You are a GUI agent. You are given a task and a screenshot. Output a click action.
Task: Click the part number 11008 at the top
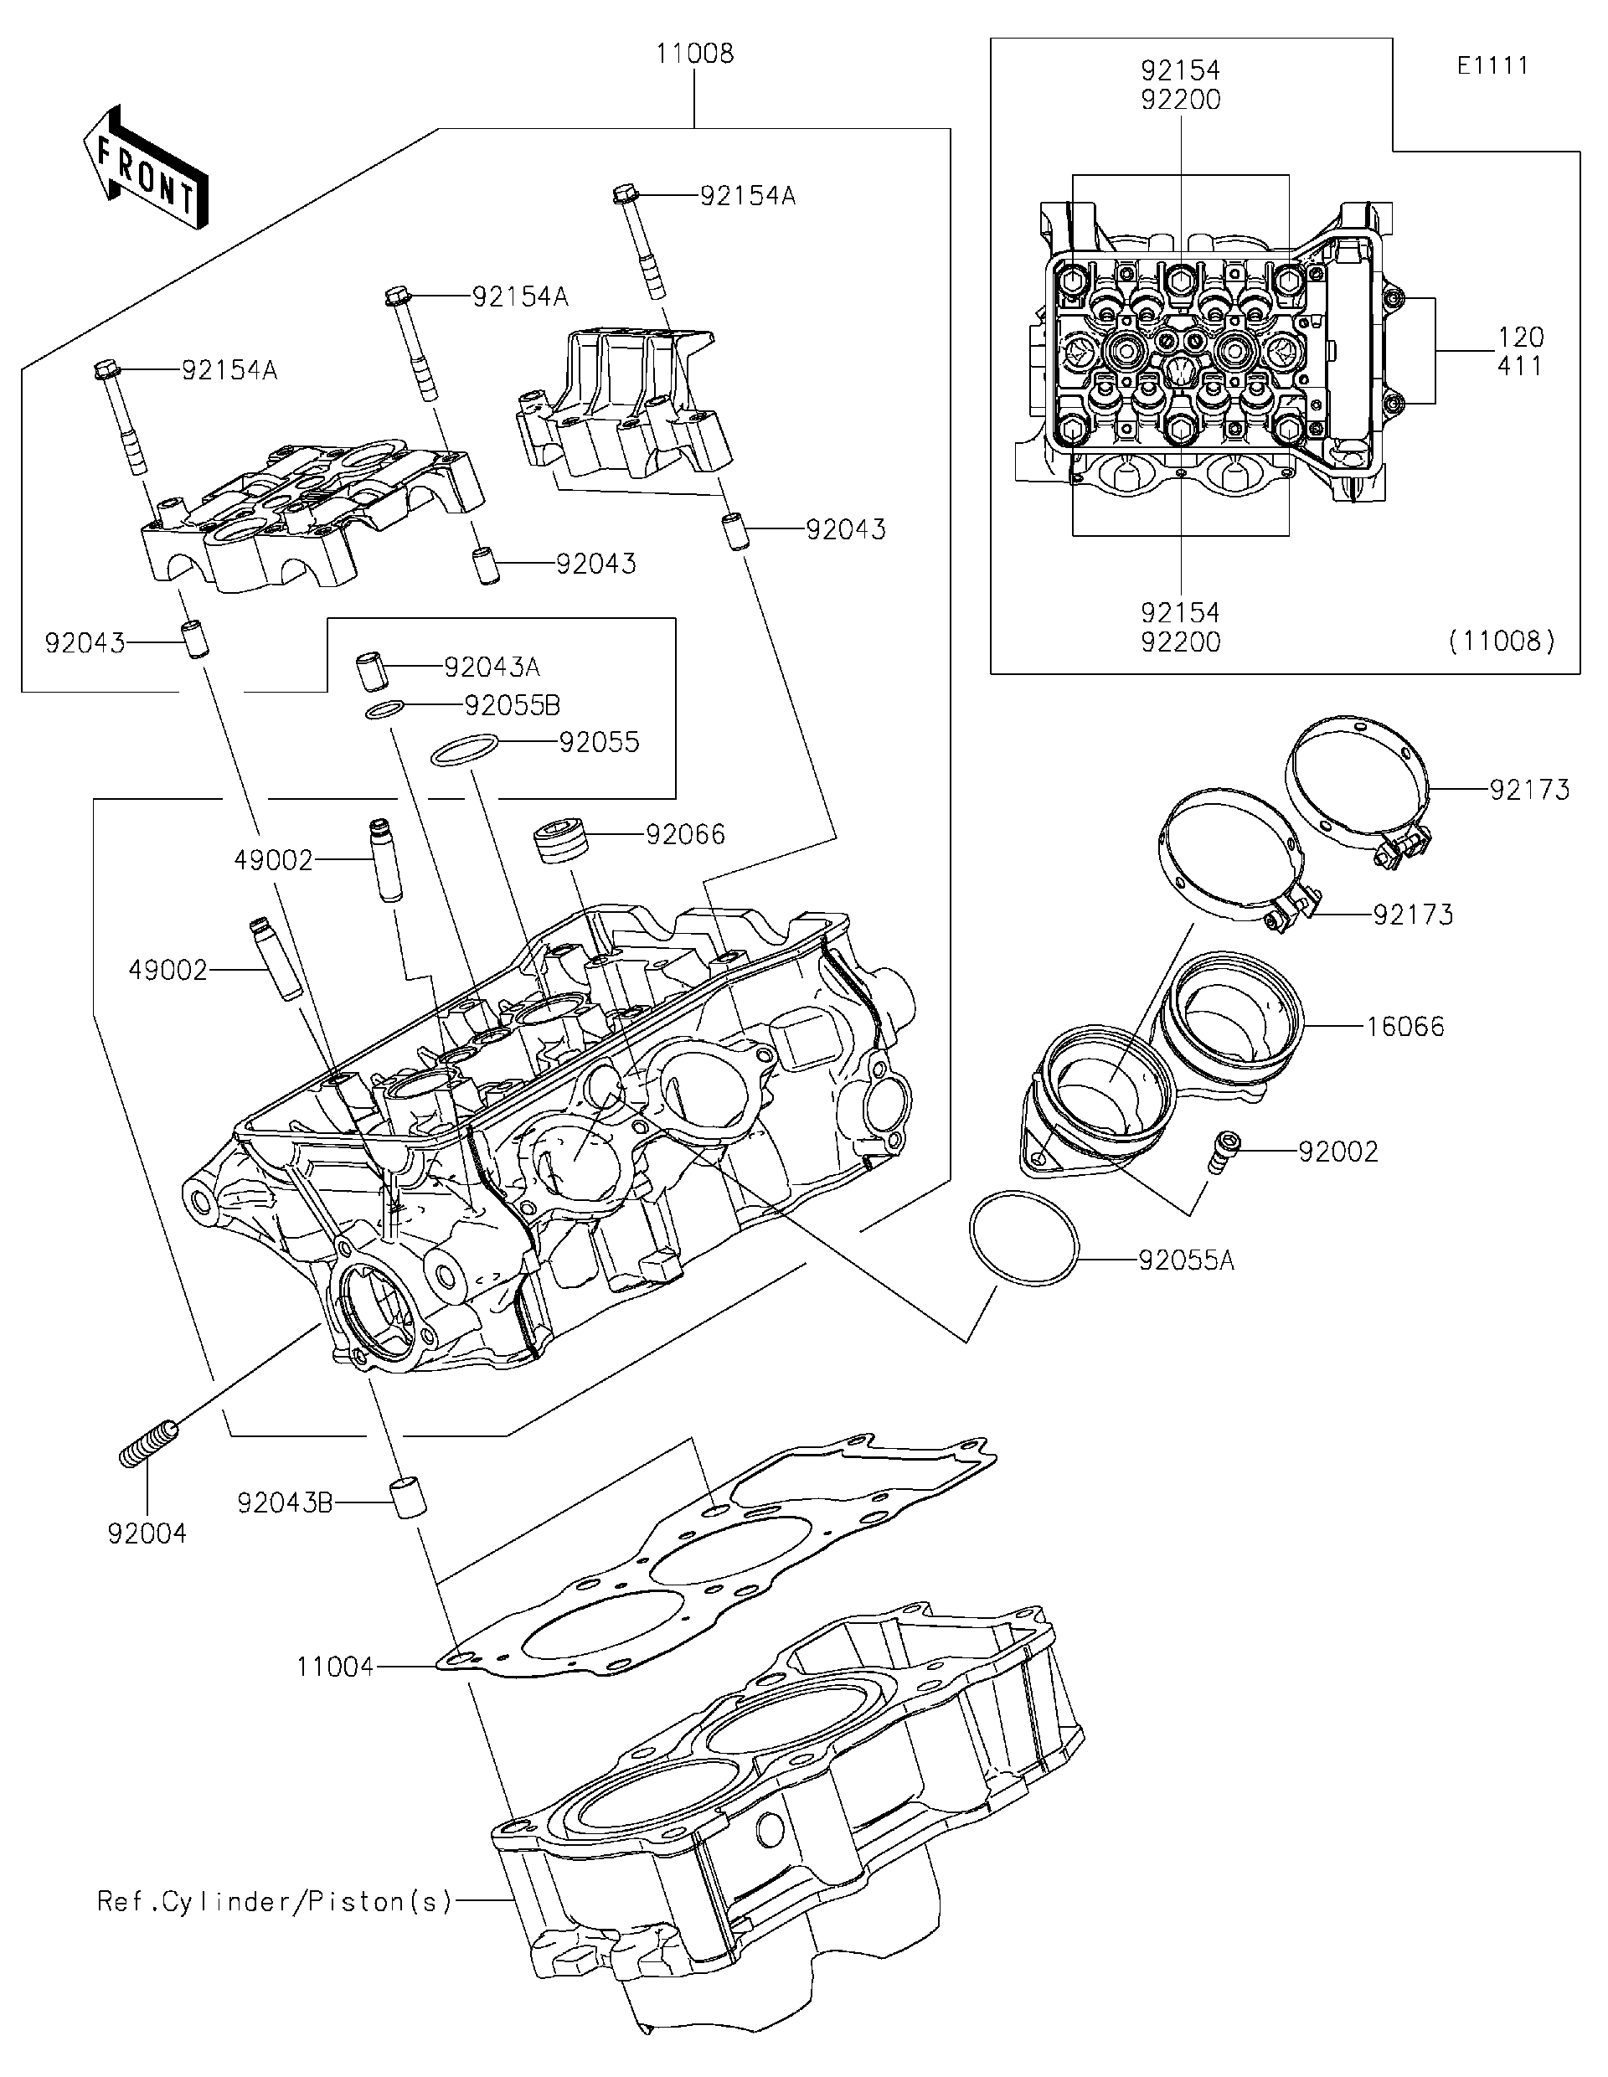click(x=694, y=54)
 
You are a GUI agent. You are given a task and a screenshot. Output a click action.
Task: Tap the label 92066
click(x=685, y=835)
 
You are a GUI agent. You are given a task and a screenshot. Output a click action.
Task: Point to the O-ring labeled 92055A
click(x=1024, y=1238)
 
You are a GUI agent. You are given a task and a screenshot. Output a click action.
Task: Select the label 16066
click(x=1404, y=1026)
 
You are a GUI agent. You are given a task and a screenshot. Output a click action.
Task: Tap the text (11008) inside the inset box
click(x=1502, y=642)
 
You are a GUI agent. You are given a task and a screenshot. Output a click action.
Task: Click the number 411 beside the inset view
click(x=1518, y=366)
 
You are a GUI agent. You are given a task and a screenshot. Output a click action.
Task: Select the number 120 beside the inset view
click(x=1519, y=337)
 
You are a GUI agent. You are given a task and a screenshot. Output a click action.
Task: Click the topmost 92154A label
click(x=747, y=196)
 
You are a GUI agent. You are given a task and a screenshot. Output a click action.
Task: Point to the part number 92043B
click(x=284, y=1502)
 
